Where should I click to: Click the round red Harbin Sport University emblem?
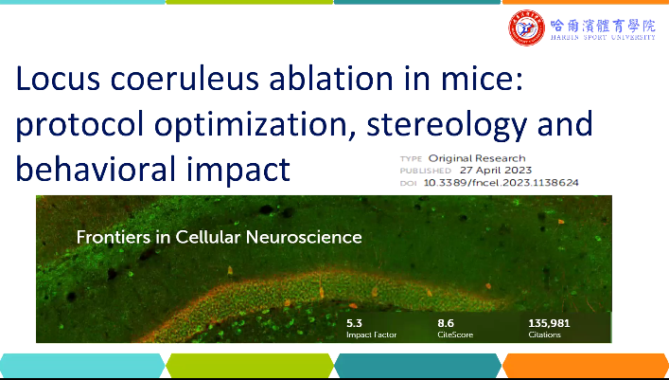[526, 27]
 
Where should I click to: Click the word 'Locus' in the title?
[58, 79]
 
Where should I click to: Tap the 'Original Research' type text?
[477, 158]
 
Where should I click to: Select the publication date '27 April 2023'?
[496, 171]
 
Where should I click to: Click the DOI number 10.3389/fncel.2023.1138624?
[501, 183]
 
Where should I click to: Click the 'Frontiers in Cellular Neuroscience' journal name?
[220, 237]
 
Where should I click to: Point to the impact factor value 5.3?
[354, 323]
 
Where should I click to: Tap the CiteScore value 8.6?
[446, 323]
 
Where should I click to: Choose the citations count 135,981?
[549, 323]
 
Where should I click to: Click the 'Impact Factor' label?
[371, 335]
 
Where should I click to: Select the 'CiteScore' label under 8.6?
[455, 335]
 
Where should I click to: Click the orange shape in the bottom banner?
[586, 366]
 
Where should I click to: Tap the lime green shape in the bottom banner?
[250, 366]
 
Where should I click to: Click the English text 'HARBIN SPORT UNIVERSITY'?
[603, 37]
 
